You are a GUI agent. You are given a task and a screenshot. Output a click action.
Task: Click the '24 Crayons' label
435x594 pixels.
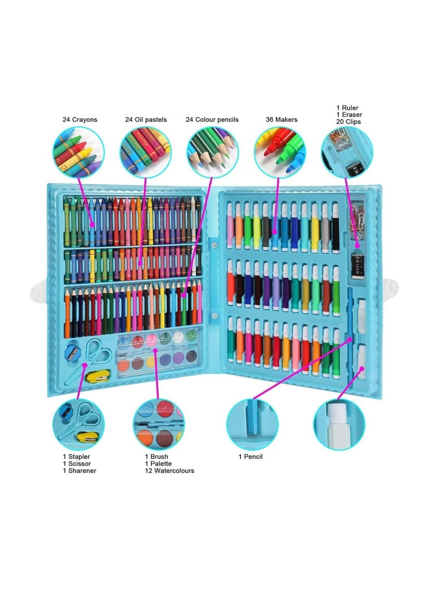click(80, 120)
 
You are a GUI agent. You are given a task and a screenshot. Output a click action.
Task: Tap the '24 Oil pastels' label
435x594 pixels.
click(146, 120)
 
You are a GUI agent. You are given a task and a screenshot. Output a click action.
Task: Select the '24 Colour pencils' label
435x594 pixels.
click(212, 120)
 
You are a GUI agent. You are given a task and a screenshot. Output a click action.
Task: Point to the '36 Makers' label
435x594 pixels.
click(282, 120)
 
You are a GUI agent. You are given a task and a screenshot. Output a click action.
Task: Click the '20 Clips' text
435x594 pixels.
click(349, 121)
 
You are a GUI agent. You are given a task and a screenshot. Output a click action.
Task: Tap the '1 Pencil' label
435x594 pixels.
click(251, 457)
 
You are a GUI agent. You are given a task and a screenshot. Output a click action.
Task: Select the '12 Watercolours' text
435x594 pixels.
click(170, 471)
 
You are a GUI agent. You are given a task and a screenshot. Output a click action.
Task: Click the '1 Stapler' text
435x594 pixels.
click(77, 457)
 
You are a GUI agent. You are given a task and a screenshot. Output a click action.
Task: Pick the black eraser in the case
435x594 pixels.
click(356, 265)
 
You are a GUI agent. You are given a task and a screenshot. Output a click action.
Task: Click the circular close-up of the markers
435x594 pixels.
click(280, 152)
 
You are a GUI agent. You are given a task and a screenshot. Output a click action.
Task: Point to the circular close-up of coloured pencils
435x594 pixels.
click(213, 152)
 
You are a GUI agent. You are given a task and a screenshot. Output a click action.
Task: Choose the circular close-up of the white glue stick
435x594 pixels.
click(339, 424)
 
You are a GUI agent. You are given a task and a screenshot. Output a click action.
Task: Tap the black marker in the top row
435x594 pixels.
click(335, 228)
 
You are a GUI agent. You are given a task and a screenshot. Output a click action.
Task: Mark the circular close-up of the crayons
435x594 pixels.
click(78, 152)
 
